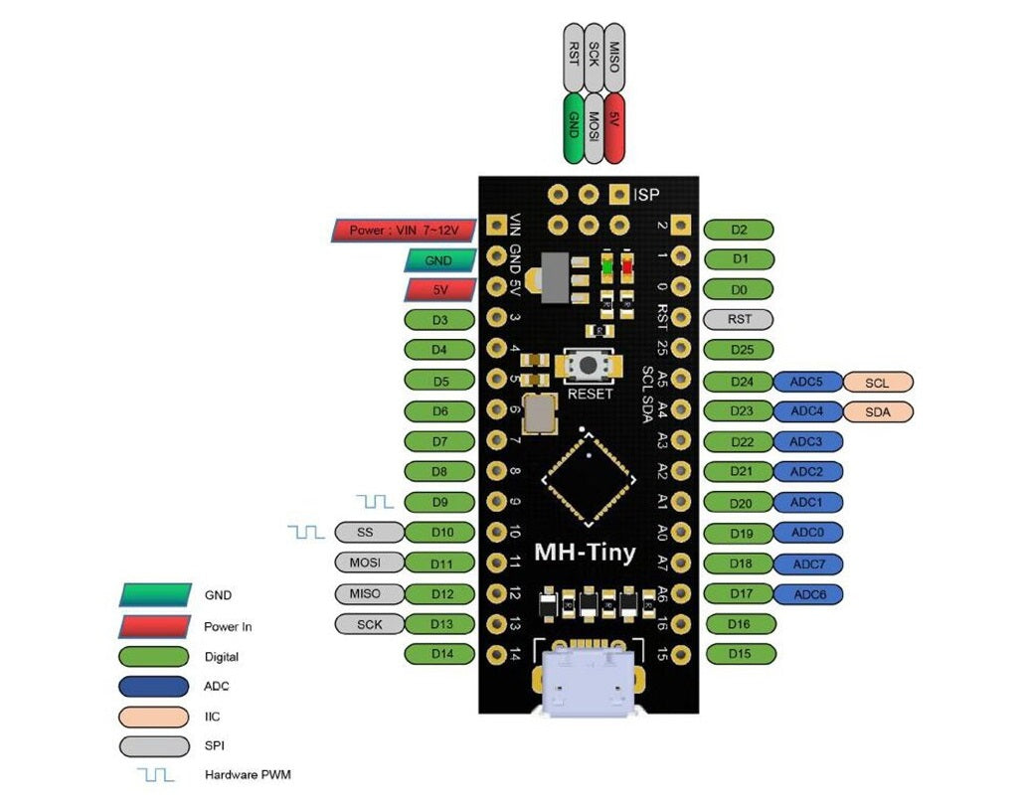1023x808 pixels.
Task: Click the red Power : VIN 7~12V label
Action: [x=403, y=231]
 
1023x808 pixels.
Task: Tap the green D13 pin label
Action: [x=441, y=624]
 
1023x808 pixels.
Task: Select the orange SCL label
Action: [x=877, y=382]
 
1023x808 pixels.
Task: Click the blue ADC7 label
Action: [x=807, y=564]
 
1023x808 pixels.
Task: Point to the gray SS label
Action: [x=365, y=533]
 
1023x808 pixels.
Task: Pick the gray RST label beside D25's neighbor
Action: [x=739, y=320]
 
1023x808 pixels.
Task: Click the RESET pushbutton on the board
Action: [x=591, y=365]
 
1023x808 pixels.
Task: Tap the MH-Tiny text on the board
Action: [x=585, y=553]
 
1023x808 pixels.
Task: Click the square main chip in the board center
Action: [x=591, y=480]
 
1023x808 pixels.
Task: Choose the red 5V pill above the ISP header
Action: [x=614, y=128]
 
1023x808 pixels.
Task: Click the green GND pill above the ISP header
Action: [x=573, y=128]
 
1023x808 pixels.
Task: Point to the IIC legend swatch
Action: [x=153, y=716]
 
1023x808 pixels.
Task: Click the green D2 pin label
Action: [x=739, y=230]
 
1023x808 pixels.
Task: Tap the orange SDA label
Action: [x=877, y=411]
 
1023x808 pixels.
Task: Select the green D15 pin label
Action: [x=739, y=654]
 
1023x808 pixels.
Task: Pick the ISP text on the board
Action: [x=651, y=194]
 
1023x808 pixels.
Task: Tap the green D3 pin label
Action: [x=441, y=320]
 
